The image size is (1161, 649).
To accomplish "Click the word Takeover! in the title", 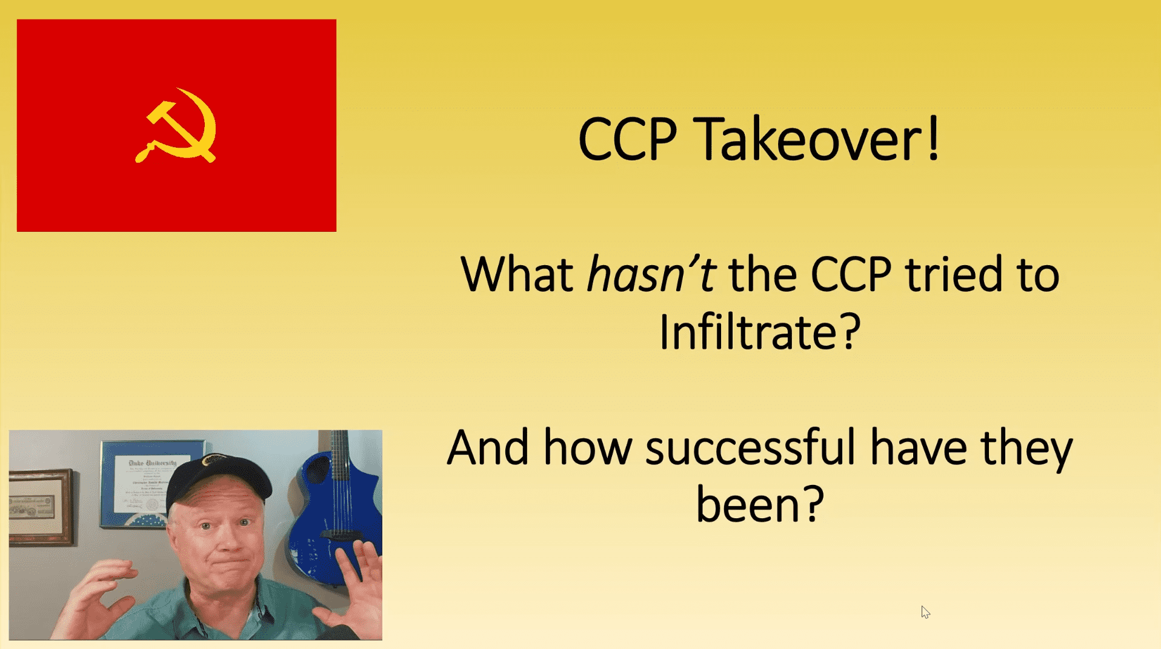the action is (x=816, y=139).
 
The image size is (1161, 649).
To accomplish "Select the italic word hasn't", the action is (x=652, y=274).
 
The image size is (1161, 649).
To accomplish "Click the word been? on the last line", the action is (x=760, y=504).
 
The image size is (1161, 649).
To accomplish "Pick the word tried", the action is (x=954, y=274).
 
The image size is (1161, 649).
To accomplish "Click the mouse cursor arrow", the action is (x=925, y=612).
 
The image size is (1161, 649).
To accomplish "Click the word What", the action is (x=517, y=274).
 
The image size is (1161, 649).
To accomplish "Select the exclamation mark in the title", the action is (x=934, y=138).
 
